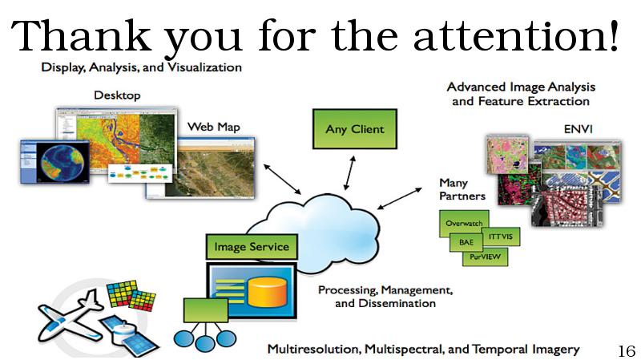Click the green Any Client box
click(354, 129)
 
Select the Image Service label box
click(252, 247)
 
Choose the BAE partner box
click(465, 241)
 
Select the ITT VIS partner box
click(502, 238)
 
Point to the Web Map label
click(213, 127)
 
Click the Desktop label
click(117, 95)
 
